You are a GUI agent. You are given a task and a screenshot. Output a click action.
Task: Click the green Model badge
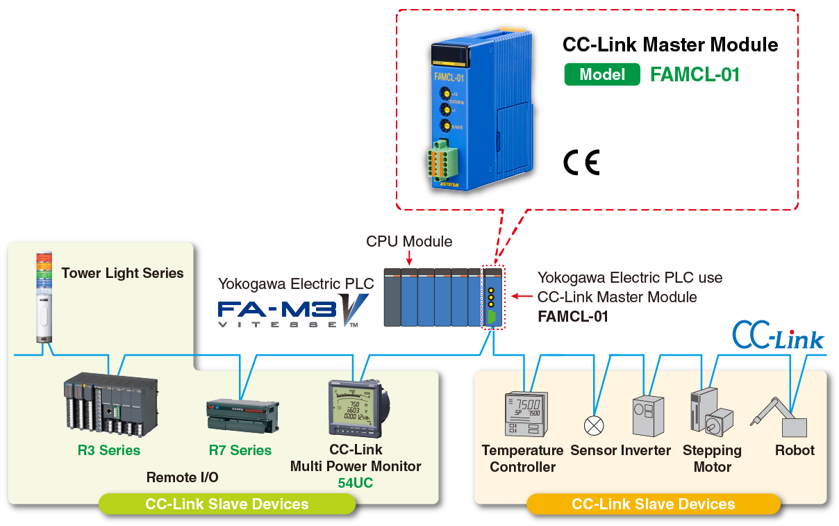pyautogui.click(x=601, y=74)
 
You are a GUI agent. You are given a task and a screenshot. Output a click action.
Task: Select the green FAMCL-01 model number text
pyautogui.click(x=695, y=74)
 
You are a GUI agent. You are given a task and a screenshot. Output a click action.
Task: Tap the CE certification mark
pyautogui.click(x=581, y=162)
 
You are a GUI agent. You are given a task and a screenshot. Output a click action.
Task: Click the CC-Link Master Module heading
pyautogui.click(x=670, y=45)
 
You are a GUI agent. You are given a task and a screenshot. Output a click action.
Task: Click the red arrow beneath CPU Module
pyautogui.click(x=408, y=258)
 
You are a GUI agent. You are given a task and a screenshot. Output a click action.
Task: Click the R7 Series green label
pyautogui.click(x=240, y=450)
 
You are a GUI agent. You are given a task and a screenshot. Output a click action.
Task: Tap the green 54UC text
pyautogui.click(x=356, y=483)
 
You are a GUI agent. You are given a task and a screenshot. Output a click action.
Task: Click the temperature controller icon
pyautogui.click(x=525, y=414)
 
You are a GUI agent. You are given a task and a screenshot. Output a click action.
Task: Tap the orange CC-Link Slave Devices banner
pyautogui.click(x=653, y=504)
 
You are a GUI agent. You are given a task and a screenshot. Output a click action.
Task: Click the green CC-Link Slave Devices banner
pyautogui.click(x=226, y=504)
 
